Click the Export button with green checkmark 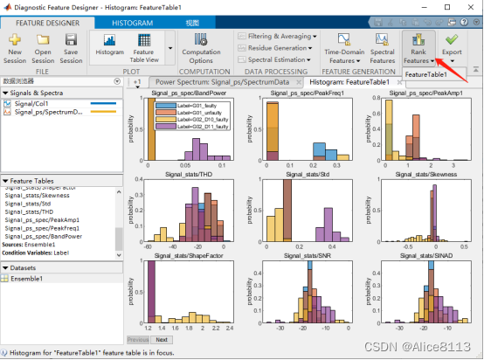451,47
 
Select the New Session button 15,49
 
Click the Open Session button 42,49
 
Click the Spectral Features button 382,49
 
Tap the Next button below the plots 161,339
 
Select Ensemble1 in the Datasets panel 30,278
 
